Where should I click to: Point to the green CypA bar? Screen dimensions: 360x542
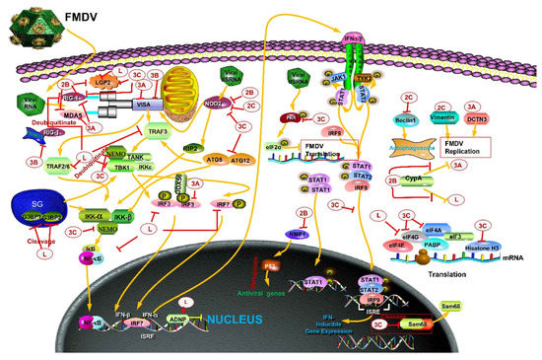coord(444,181)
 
